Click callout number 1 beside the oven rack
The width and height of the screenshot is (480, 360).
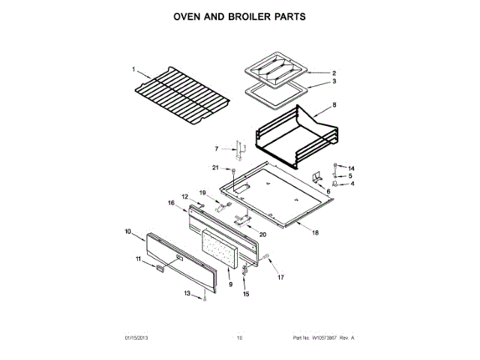[x=134, y=70]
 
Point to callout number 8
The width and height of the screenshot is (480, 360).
[x=334, y=106]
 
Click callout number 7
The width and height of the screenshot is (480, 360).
[x=217, y=149]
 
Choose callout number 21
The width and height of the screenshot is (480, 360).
[x=214, y=167]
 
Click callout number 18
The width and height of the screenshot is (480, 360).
[x=315, y=233]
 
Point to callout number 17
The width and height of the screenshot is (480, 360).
[x=282, y=278]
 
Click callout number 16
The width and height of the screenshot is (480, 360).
[x=171, y=202]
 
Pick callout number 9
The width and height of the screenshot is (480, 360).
[x=231, y=285]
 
